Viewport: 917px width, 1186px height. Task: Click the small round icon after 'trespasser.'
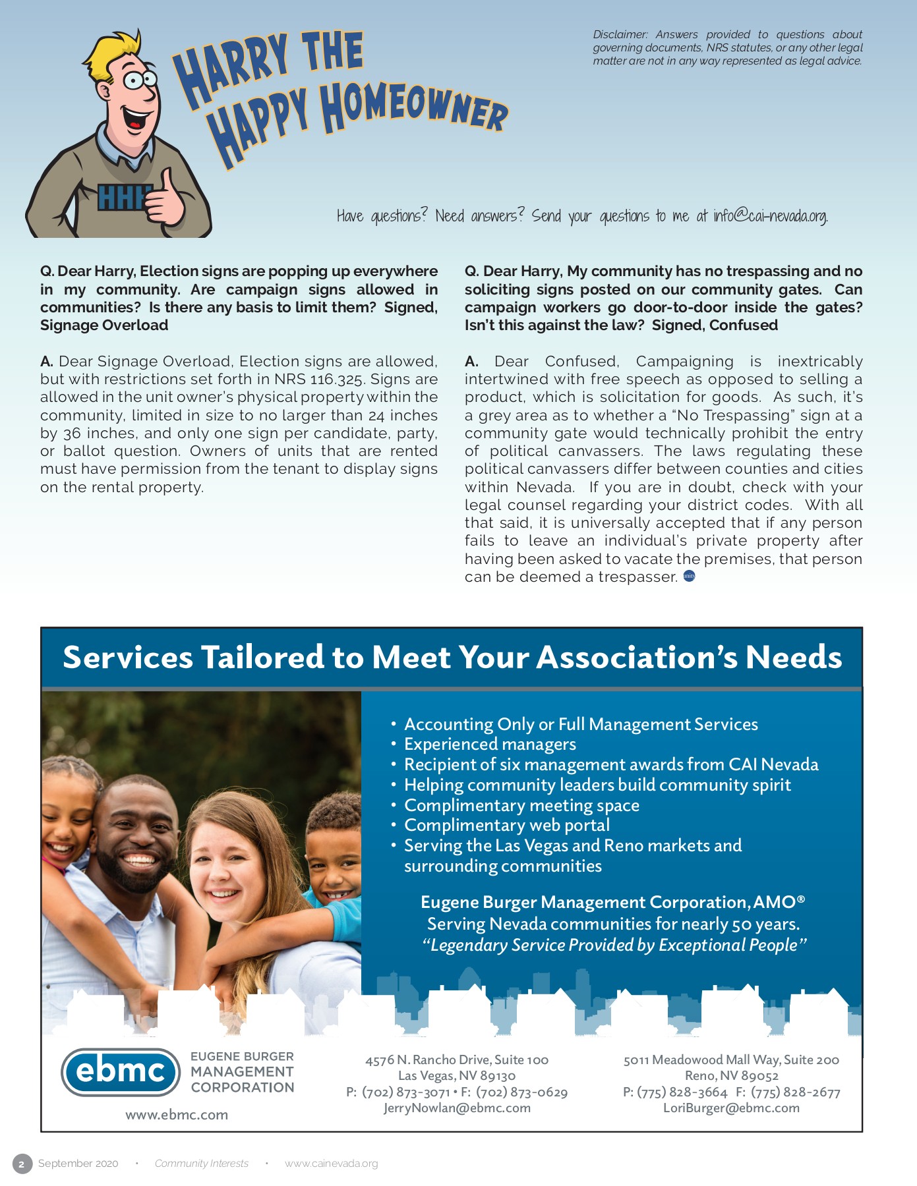coord(689,577)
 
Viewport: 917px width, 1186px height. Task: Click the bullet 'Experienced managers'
coord(490,745)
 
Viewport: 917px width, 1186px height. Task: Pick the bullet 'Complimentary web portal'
coord(506,826)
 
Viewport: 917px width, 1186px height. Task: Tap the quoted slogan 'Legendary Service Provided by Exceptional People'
coord(614,946)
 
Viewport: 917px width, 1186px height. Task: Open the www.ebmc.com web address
coord(177,1115)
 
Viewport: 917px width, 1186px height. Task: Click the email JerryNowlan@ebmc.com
coord(457,1108)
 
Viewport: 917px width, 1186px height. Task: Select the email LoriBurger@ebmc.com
coord(731,1108)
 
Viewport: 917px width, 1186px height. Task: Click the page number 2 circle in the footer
coord(22,1164)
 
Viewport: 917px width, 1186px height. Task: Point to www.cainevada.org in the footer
coord(331,1164)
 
